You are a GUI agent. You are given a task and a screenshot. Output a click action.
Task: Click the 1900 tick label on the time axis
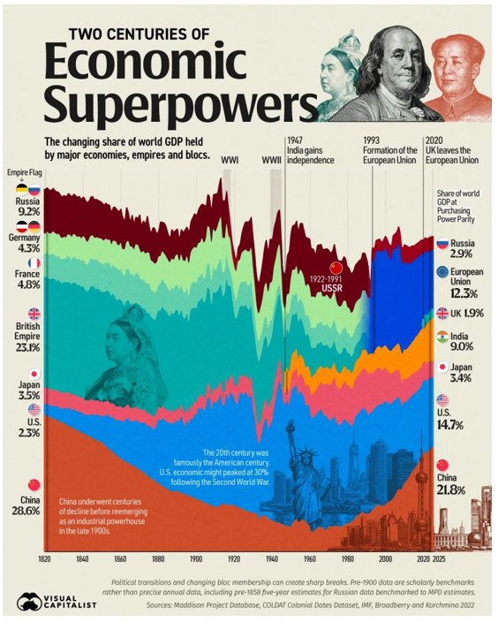196,559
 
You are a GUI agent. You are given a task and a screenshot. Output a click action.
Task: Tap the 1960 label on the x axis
310,559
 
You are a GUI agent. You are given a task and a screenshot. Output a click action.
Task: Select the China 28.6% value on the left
26,511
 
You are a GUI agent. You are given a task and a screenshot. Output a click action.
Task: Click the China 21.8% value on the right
451,490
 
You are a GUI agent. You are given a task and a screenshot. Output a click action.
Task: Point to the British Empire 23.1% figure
27,348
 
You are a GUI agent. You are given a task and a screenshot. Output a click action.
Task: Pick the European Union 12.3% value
464,293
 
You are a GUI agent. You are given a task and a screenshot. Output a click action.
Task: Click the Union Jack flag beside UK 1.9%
442,313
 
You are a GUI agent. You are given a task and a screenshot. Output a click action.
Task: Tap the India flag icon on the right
442,337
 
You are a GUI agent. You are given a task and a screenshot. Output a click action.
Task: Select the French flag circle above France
34,263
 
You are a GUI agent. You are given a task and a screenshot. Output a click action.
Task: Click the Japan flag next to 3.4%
442,367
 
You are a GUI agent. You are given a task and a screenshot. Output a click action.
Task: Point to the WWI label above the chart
230,161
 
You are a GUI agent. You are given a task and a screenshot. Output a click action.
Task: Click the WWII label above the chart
272,161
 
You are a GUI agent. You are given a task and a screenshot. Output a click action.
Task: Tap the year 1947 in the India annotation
295,140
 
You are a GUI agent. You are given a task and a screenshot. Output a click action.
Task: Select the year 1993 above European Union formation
371,140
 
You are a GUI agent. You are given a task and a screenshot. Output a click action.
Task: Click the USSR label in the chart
332,288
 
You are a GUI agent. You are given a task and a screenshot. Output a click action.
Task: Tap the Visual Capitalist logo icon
29,602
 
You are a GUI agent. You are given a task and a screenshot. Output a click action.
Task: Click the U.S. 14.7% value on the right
450,425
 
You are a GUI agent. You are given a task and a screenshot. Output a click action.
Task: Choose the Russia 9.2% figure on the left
27,211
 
